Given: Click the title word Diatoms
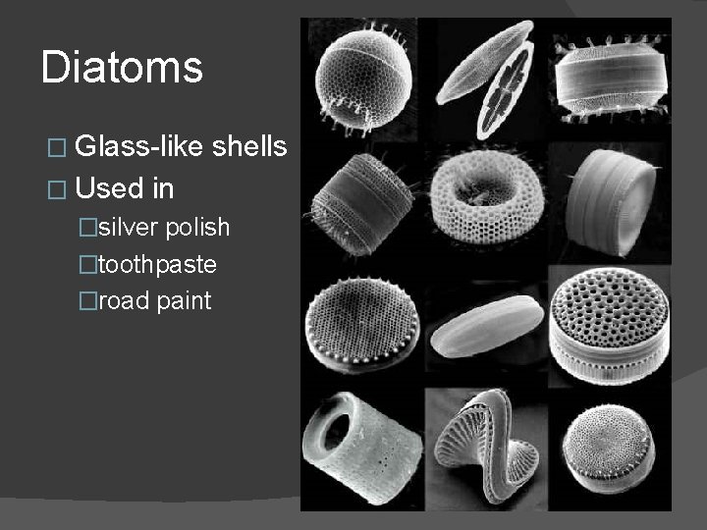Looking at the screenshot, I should pos(123,68).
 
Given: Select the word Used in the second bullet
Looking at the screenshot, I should pos(107,185).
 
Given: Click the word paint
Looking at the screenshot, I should pos(184,300).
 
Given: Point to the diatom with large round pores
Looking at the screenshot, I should pos(609,319).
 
